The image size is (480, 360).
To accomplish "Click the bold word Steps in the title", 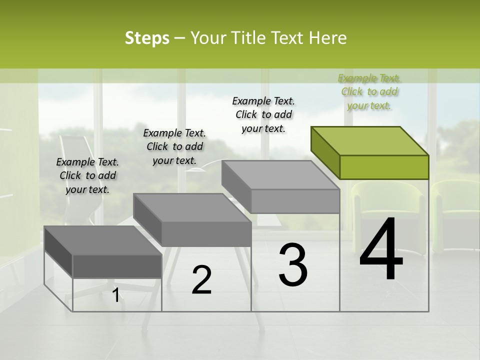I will coord(146,38).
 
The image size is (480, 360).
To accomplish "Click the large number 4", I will coord(381,249).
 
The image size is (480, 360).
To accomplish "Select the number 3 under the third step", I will coord(292,264).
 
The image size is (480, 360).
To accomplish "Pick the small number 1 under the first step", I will coord(115,295).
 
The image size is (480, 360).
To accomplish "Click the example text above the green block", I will coord(369,92).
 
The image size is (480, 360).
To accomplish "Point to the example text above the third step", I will coord(263,114).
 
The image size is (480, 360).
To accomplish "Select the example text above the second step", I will coord(174,146).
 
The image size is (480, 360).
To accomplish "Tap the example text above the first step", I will coord(87,176).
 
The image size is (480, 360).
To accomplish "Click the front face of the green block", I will coord(384,167).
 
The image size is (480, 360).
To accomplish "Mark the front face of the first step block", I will coord(117,266).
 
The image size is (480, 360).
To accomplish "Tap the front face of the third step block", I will coord(295,201).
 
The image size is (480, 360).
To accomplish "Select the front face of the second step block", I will coord(206,234).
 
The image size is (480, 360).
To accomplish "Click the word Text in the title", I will coord(289,38).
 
